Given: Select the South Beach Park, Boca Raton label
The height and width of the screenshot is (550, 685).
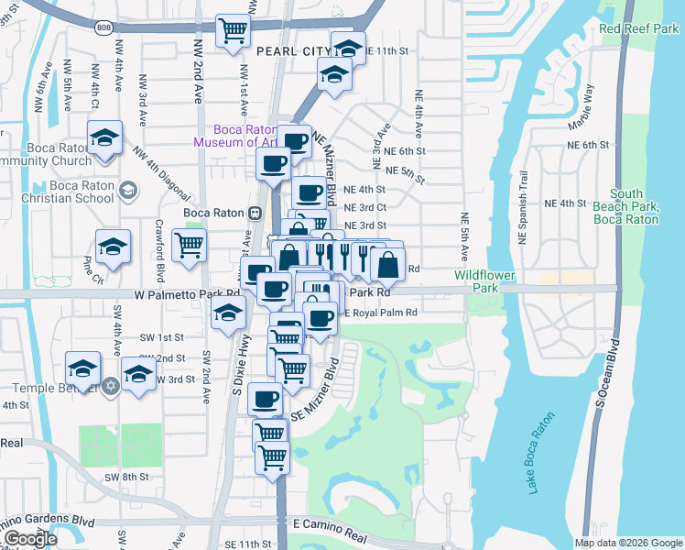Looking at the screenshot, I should [x=626, y=206].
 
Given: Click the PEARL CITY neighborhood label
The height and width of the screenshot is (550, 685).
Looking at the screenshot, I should [x=293, y=51].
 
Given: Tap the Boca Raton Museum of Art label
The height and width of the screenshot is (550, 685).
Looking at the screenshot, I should [x=236, y=136].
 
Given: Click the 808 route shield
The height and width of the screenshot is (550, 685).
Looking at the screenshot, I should [x=103, y=28].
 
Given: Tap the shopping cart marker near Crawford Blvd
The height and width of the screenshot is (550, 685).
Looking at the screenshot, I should [x=189, y=244].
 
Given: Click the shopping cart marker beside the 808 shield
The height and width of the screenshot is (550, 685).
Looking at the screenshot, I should [x=234, y=30].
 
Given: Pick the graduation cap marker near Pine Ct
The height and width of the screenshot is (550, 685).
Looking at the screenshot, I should [x=113, y=247].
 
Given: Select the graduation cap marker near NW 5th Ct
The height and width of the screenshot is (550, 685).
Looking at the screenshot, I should [x=105, y=138].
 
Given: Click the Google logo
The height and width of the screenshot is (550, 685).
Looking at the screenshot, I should [x=29, y=539].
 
